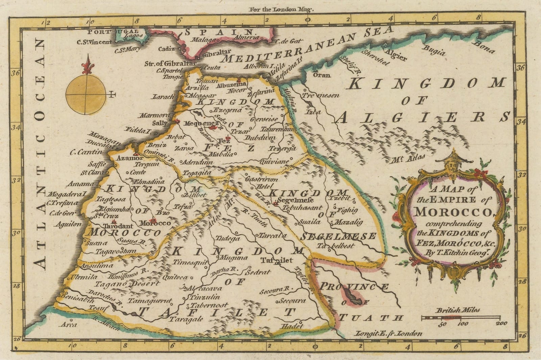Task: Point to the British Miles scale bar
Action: pyautogui.click(x=461, y=317)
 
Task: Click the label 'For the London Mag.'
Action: pyautogui.click(x=281, y=9)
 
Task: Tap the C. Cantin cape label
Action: pyautogui.click(x=86, y=152)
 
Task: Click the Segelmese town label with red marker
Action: pyautogui.click(x=291, y=200)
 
